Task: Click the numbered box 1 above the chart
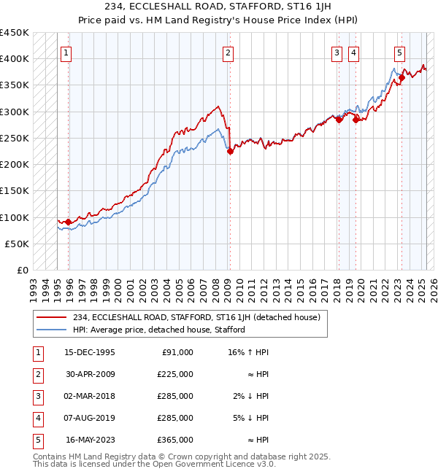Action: tap(66, 53)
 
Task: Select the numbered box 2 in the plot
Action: tap(228, 53)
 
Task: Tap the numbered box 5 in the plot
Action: tap(400, 53)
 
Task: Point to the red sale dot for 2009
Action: tap(230, 152)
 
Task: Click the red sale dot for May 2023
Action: tap(401, 77)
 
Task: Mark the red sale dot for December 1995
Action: tap(69, 222)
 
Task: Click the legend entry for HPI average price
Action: tap(158, 330)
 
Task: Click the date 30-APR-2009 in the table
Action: tap(90, 374)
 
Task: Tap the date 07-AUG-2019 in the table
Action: tap(90, 418)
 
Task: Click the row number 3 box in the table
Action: tap(38, 396)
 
